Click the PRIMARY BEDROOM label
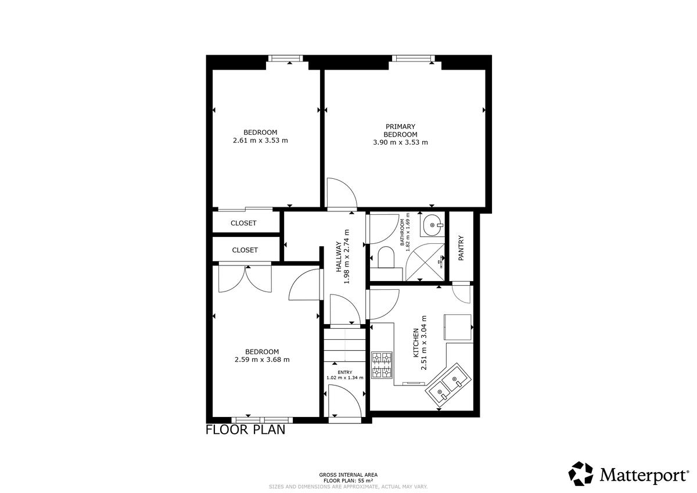tap(400, 131)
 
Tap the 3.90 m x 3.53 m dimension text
tap(400, 142)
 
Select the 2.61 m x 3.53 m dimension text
tap(260, 141)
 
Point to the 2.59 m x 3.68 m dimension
tap(262, 360)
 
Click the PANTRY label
tap(461, 248)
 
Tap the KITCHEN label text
tap(415, 343)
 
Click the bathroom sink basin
tap(433, 224)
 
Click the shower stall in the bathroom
tap(425, 262)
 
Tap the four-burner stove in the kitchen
tap(382, 365)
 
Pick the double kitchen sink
tap(448, 386)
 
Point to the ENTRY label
tap(345, 372)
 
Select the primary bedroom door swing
tap(342, 193)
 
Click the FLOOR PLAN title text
tap(246, 430)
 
